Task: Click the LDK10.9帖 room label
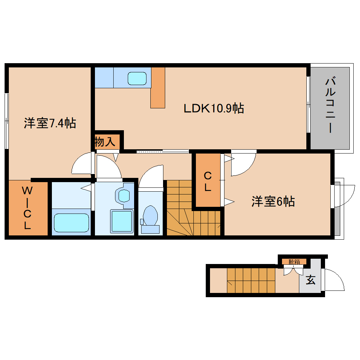214,108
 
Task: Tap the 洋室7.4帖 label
50,123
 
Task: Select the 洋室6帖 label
273,202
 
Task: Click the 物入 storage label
105,142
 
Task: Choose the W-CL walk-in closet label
27,208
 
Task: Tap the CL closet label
208,181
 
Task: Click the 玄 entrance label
310,280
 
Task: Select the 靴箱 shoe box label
294,262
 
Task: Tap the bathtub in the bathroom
71,222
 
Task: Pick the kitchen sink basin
137,78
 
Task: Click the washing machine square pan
122,221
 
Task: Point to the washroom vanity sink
124,195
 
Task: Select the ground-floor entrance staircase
251,280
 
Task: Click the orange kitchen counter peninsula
158,88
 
